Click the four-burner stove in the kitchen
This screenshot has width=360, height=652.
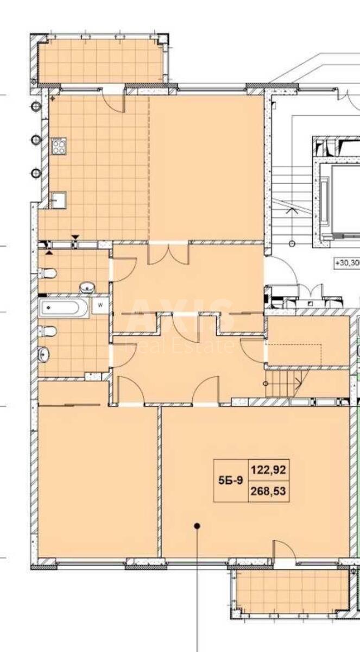point(58,146)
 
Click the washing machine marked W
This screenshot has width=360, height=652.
point(100,305)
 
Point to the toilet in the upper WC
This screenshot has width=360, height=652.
point(49,272)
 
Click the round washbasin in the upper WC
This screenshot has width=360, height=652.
point(86,286)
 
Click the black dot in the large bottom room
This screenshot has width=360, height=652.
point(198,525)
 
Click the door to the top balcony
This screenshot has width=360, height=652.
point(114,98)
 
